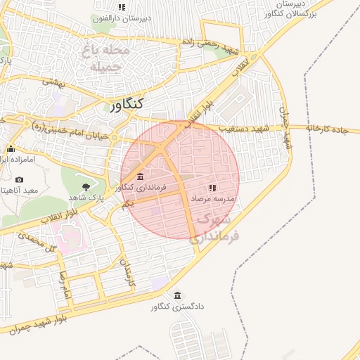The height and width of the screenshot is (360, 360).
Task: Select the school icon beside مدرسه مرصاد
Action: click(x=212, y=188)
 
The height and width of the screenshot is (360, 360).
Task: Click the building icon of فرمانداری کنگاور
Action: click(x=141, y=176)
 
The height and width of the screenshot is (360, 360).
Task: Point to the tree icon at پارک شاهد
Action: click(x=86, y=187)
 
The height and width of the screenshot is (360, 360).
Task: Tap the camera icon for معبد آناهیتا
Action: click(x=19, y=179)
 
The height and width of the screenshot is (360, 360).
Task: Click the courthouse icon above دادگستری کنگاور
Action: click(x=176, y=295)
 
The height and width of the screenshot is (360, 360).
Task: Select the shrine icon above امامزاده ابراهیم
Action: click(x=11, y=148)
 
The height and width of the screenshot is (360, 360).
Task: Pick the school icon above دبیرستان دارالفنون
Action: click(x=122, y=7)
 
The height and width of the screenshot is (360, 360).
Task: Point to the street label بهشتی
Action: click(x=53, y=82)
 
